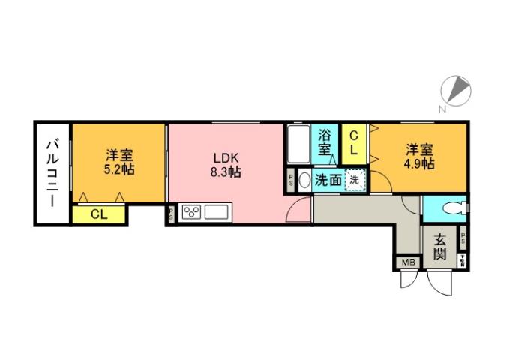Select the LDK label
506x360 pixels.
point(225,158)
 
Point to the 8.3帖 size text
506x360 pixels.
point(225,172)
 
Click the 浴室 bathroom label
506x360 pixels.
point(325,142)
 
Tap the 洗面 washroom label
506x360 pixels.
point(328,180)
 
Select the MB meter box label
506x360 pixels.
point(408,262)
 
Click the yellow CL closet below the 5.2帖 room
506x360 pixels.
point(99,214)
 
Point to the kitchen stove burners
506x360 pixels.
point(190,212)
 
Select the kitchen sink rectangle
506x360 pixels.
point(216,212)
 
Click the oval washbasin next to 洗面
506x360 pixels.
point(304,181)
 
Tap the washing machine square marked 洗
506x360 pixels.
point(355,180)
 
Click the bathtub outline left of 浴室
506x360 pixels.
point(298,145)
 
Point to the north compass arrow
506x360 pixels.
point(459,91)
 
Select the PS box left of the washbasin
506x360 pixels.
point(291,181)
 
